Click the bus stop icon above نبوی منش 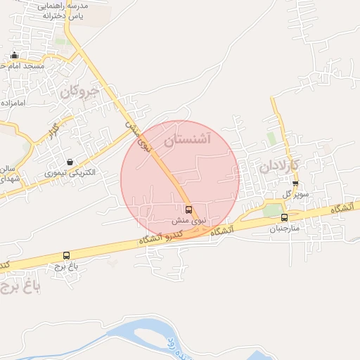[188, 209]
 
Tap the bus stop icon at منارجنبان [284, 218]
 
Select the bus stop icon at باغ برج [67, 256]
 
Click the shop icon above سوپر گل [295, 184]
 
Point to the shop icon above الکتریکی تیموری [70, 162]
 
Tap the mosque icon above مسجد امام [15, 56]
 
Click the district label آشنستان [187, 140]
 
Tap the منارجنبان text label [285, 229]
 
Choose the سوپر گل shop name [297, 193]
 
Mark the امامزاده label [13, 103]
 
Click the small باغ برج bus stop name [67, 266]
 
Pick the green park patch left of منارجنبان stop [271, 210]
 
